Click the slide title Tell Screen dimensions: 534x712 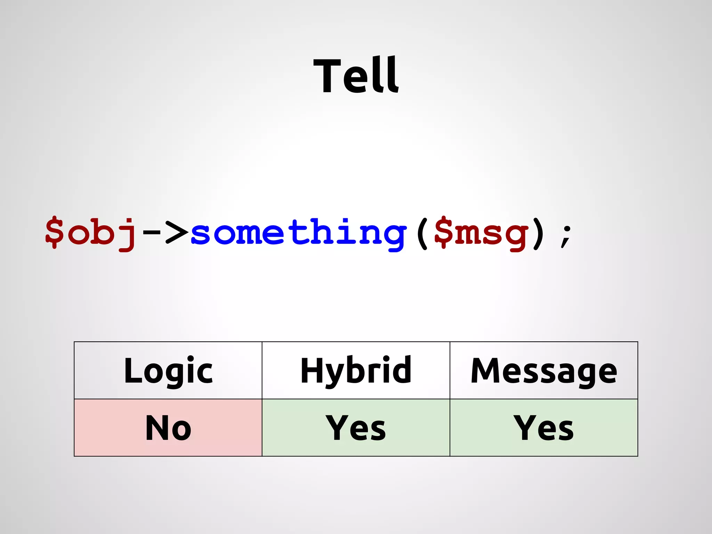click(x=356, y=76)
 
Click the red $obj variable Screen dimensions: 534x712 click(x=91, y=232)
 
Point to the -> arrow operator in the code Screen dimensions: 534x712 click(x=165, y=232)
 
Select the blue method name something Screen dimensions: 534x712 click(x=298, y=232)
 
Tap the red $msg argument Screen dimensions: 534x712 click(x=481, y=232)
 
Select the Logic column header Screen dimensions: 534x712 click(x=168, y=371)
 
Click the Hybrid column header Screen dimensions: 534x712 click(x=356, y=371)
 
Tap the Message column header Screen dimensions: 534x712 click(x=543, y=371)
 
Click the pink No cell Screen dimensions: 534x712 click(x=168, y=428)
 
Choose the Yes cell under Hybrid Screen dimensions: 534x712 click(x=356, y=428)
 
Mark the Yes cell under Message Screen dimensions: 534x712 click(x=543, y=428)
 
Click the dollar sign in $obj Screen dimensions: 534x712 click(x=55, y=232)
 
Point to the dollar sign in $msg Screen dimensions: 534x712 click(x=444, y=232)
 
